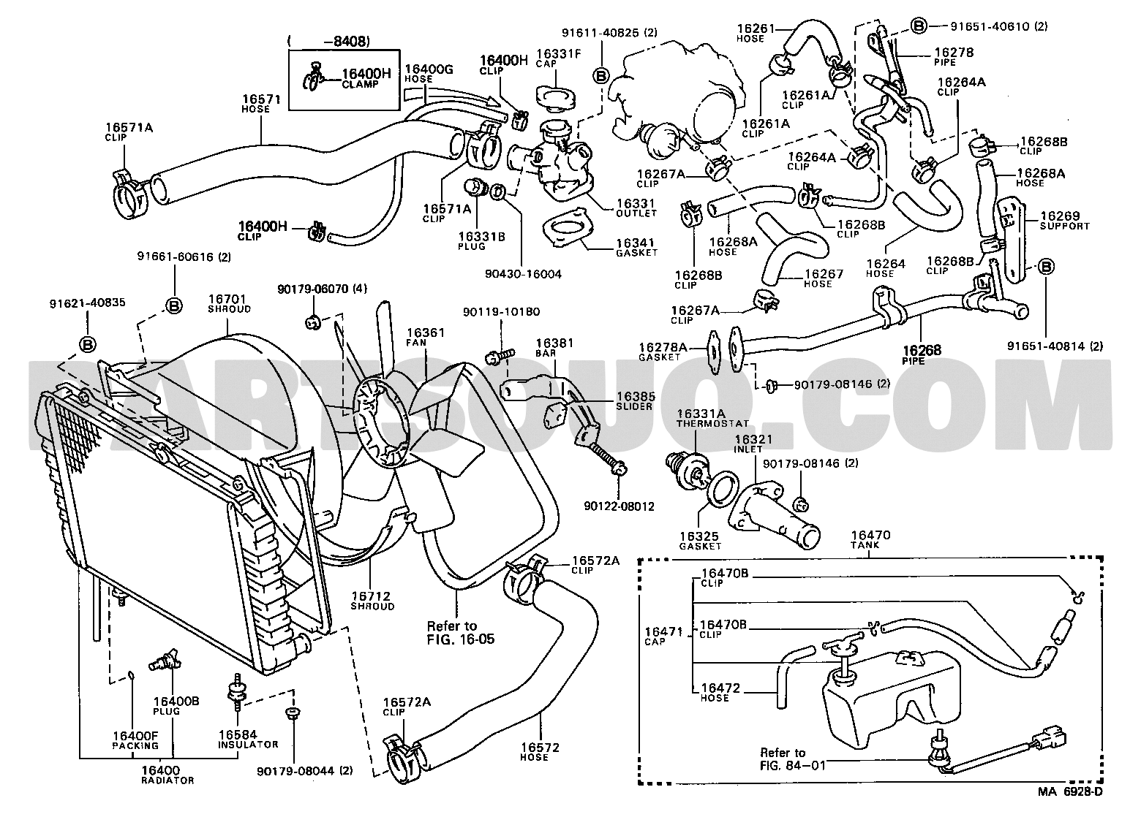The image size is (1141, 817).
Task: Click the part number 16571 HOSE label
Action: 261,103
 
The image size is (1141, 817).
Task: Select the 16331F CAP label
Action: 558,58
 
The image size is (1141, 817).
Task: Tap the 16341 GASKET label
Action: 636,248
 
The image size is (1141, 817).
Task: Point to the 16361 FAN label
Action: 426,337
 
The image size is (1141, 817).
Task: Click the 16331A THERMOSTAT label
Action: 712,418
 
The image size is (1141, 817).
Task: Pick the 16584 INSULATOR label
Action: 248,740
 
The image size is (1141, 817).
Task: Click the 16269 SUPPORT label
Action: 1065,221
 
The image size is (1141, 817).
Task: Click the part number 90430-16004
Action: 523,274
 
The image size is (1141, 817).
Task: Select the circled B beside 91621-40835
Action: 88,345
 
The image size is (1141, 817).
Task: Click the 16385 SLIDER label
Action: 635,400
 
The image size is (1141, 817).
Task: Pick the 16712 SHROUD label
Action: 372,601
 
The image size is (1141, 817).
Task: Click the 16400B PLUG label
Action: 176,706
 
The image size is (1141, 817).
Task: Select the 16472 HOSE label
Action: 720,693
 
